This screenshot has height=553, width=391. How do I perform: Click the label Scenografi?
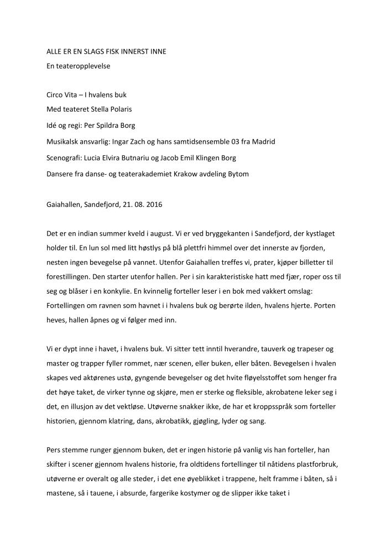(67, 158)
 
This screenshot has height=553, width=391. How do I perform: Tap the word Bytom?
(238, 174)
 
